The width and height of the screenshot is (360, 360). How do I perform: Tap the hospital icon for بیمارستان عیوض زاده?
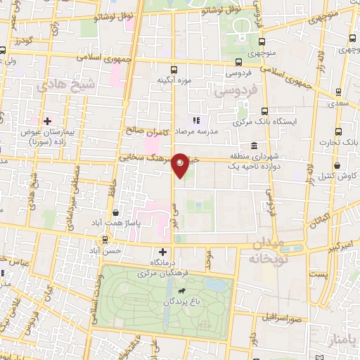[47, 121]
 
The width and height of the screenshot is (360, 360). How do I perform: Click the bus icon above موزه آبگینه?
[174, 70]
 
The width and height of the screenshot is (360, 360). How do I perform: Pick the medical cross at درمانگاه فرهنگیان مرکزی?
[163, 252]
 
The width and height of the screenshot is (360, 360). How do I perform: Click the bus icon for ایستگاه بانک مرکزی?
[264, 111]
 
